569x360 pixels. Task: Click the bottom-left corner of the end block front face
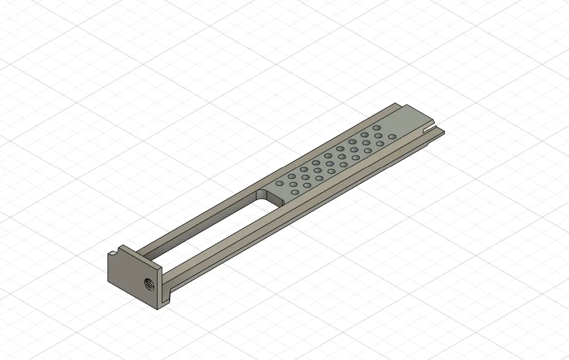pos(109,282)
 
